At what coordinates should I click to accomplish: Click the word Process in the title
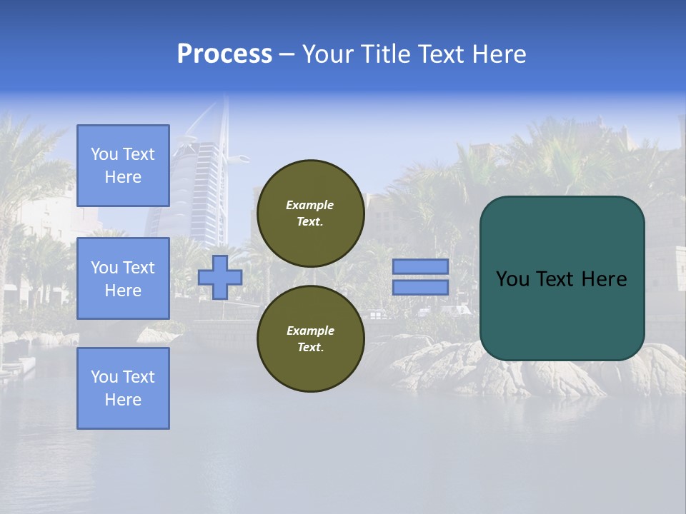[x=224, y=54]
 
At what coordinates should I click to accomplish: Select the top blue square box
[x=123, y=166]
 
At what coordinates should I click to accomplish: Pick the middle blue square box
[x=123, y=278]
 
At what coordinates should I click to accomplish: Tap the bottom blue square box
[x=123, y=388]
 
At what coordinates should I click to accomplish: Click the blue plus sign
[x=220, y=277]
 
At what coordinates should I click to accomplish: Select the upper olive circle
[x=310, y=213]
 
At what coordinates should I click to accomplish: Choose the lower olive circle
[x=310, y=339]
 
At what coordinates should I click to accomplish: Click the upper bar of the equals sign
[x=420, y=267]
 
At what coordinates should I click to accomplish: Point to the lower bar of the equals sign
[x=420, y=288]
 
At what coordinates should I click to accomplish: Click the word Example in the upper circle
[x=310, y=205]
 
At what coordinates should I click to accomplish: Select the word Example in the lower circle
[x=310, y=331]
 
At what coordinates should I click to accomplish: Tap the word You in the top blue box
[x=105, y=154]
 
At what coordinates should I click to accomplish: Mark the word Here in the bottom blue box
[x=123, y=400]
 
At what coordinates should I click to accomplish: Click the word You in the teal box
[x=512, y=279]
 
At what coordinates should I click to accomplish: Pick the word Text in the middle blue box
[x=139, y=268]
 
